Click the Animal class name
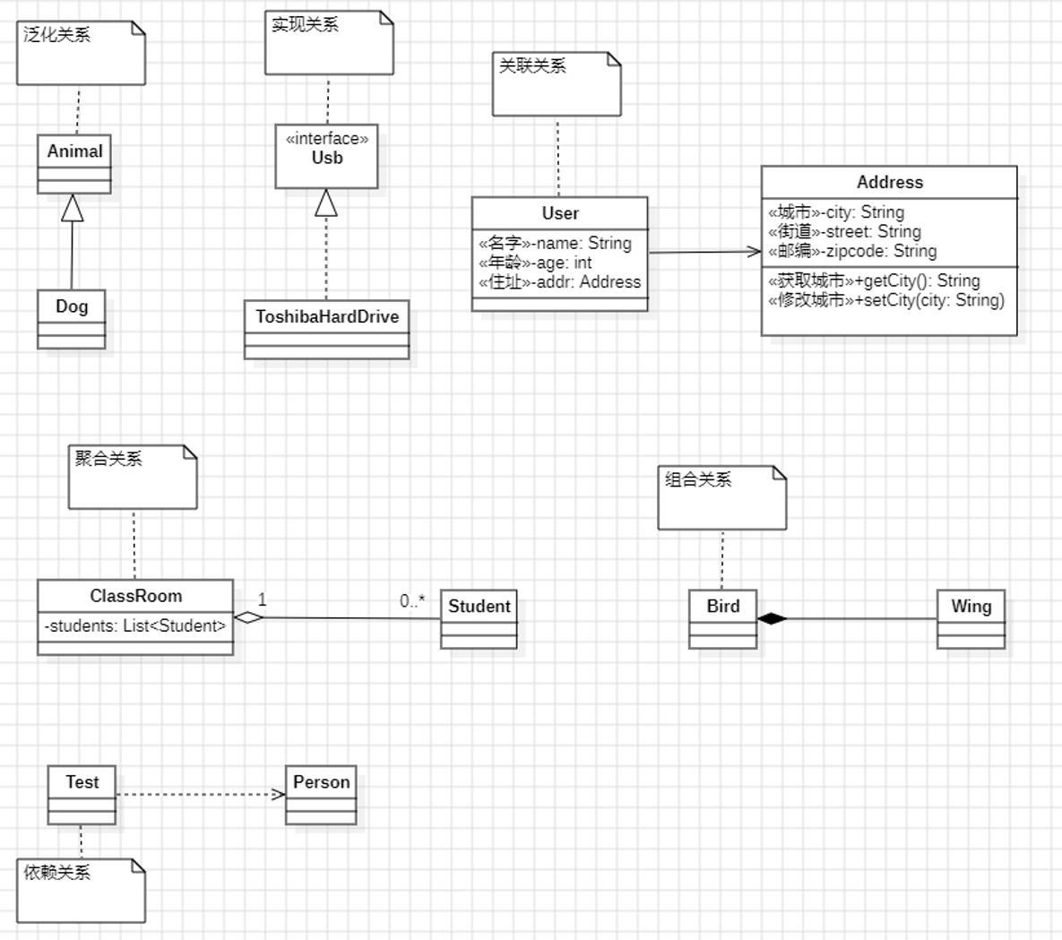(74, 151)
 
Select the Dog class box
(71, 318)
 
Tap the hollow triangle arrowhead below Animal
(73, 208)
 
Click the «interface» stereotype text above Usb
(326, 138)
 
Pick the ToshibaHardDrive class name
(326, 316)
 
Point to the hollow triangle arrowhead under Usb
(326, 203)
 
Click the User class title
(560, 213)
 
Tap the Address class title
(889, 182)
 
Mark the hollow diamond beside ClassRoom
(248, 617)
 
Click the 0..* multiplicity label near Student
(412, 601)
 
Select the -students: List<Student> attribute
(135, 625)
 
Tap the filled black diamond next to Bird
(772, 618)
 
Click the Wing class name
(971, 607)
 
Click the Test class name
(82, 782)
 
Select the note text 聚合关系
(108, 459)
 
